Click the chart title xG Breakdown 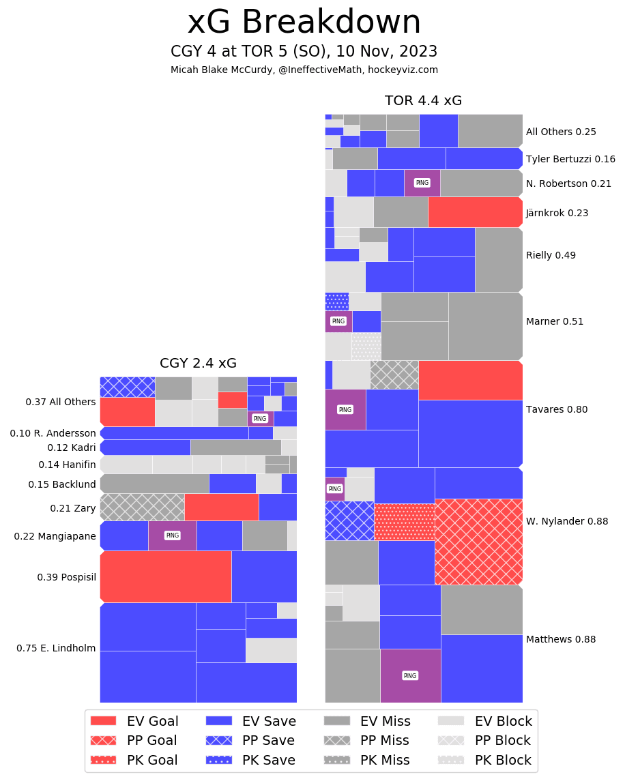[x=304, y=23]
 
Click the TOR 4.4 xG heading [x=423, y=101]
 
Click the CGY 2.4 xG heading [x=198, y=364]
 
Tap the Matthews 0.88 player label [x=560, y=639]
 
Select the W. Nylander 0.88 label [x=566, y=521]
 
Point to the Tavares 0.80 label [x=556, y=409]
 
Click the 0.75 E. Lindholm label [x=56, y=648]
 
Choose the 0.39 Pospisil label [x=66, y=577]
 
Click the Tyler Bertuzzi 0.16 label [x=570, y=159]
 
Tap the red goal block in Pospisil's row [x=166, y=576]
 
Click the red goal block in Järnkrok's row [x=475, y=211]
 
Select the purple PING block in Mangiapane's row [x=172, y=535]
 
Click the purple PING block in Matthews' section [x=410, y=675]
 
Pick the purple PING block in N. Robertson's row [x=422, y=183]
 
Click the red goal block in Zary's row [x=221, y=507]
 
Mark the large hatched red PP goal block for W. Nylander [x=478, y=542]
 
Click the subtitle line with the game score [x=304, y=52]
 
